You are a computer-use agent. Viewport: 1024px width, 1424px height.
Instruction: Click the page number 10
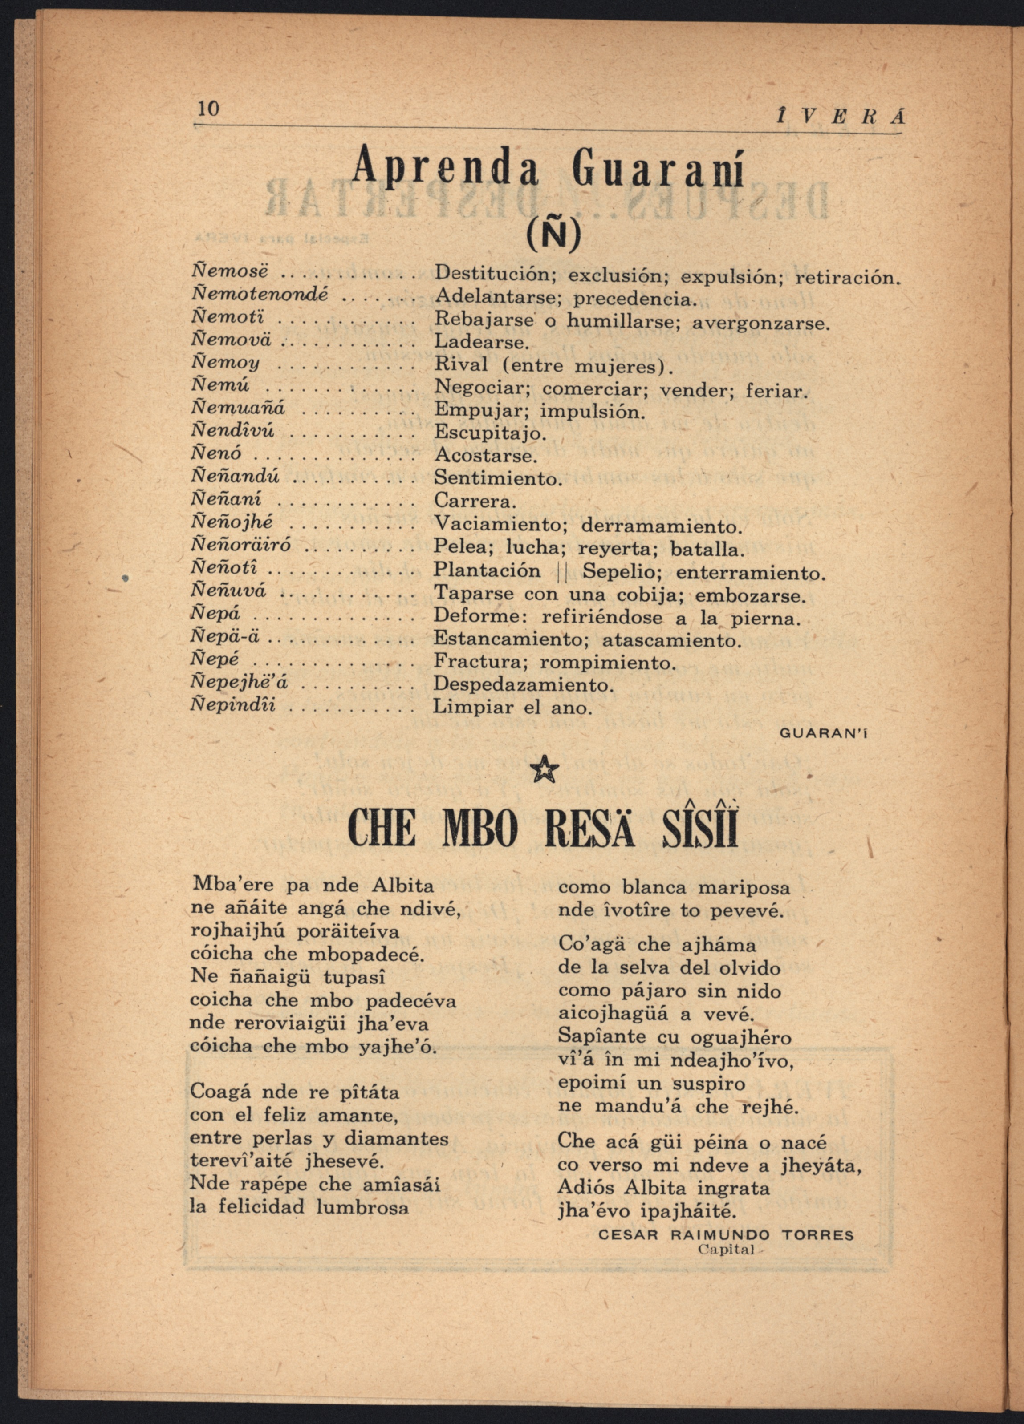click(x=208, y=109)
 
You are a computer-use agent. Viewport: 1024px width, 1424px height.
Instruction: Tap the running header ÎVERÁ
click(x=840, y=117)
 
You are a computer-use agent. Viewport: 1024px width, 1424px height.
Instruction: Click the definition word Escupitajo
click(x=491, y=433)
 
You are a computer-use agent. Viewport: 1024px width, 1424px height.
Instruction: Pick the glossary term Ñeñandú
click(x=235, y=477)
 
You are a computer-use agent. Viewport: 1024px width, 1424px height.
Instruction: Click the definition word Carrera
click(x=475, y=502)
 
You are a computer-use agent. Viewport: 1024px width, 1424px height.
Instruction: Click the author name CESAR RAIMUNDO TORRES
click(x=726, y=1235)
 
